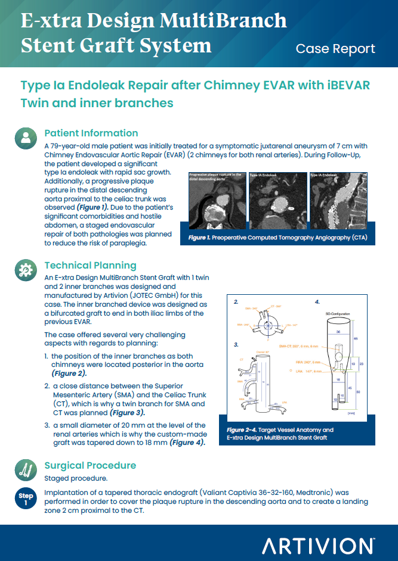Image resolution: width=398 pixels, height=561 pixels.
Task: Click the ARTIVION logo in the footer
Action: [318, 545]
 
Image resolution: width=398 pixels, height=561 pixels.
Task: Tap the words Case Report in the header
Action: [335, 49]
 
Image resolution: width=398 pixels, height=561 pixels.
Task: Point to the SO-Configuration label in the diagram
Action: [338, 313]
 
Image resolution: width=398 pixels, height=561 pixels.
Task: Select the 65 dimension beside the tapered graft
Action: [356, 338]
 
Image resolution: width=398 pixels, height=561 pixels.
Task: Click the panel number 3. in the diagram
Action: [236, 344]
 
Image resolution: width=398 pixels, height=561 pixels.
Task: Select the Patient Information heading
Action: [91, 133]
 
